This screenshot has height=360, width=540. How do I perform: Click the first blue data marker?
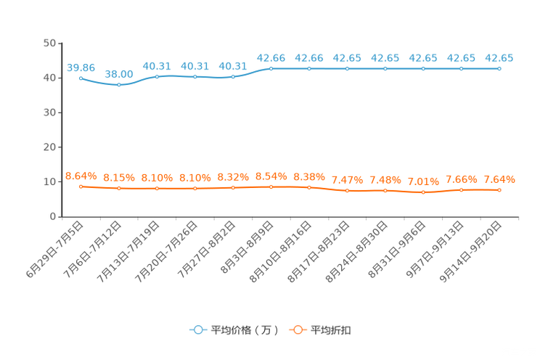point(81,78)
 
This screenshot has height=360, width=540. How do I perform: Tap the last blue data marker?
point(499,68)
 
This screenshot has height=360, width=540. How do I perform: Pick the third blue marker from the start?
point(157,76)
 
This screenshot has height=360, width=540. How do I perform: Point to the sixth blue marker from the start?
point(271,68)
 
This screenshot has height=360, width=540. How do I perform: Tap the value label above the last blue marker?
point(499,57)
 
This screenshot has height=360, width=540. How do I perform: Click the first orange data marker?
point(81,187)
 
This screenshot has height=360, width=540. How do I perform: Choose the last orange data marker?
point(499,190)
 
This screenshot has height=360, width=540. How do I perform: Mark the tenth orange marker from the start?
point(423,192)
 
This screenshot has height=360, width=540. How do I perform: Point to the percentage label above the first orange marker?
point(81,175)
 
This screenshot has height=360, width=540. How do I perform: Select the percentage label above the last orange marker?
point(499,179)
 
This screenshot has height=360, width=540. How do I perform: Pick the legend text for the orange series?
point(332,330)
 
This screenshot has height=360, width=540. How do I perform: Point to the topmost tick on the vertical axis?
point(59,43)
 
